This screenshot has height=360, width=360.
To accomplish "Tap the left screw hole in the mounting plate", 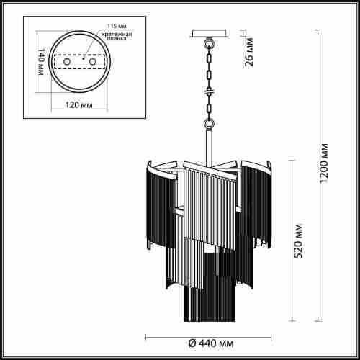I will coord(68,63).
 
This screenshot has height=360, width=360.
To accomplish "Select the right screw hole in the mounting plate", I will coord(92,63).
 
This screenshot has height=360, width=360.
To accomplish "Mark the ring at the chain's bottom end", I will coord(209,123).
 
